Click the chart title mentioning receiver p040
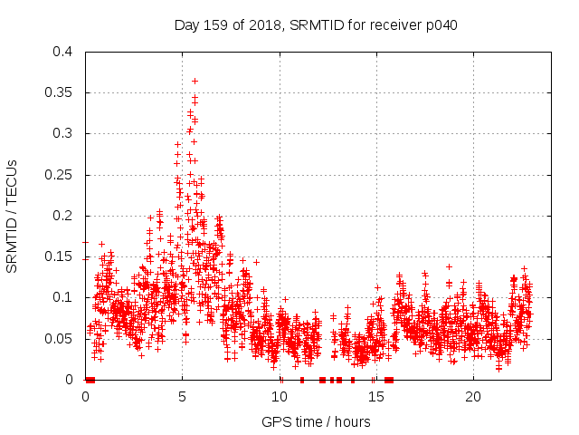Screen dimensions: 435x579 point(316,24)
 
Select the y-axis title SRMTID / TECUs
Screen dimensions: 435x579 point(13,216)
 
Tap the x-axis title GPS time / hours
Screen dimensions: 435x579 point(316,421)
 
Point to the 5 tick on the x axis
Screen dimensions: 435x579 point(183,396)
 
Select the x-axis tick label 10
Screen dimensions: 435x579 point(280,396)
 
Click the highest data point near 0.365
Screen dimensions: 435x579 point(195,81)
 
